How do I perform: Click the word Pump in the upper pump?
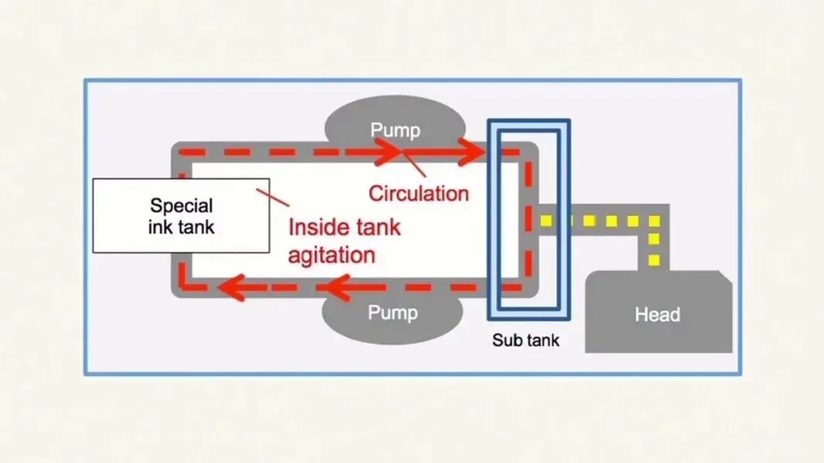pyautogui.click(x=395, y=129)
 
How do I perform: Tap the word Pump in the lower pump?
pyautogui.click(x=392, y=313)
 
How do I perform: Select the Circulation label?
pyautogui.click(x=418, y=192)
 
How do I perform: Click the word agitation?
pyautogui.click(x=332, y=254)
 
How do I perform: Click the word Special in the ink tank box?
pyautogui.click(x=181, y=206)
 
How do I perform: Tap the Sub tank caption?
pyautogui.click(x=526, y=340)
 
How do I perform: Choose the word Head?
pyautogui.click(x=656, y=315)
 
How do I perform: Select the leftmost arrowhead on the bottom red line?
pyautogui.click(x=228, y=289)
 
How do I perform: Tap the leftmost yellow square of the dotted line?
pyautogui.click(x=546, y=221)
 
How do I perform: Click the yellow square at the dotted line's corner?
pyautogui.click(x=655, y=221)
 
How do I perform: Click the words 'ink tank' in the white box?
pyautogui.click(x=181, y=228)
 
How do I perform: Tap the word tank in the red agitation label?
pyautogui.click(x=378, y=228)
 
